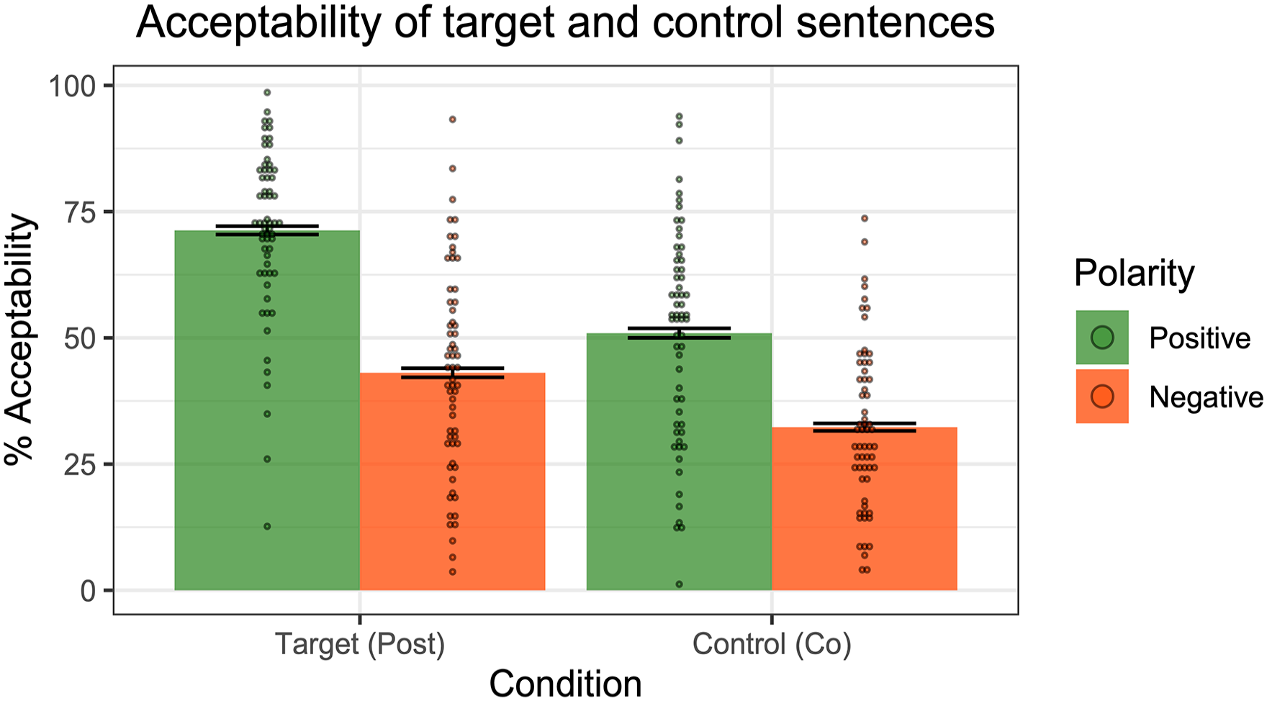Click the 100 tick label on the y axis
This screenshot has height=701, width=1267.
[71, 86]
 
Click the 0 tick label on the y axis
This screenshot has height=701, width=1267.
[87, 591]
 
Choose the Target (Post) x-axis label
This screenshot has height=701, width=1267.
[360, 644]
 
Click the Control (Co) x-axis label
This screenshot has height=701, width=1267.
[772, 644]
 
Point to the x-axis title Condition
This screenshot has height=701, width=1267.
[565, 683]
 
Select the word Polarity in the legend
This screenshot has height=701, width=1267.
[1134, 274]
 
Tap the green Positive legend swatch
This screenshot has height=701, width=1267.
[1102, 338]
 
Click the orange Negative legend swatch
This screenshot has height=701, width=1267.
[1102, 397]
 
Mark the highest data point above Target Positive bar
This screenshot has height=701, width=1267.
[267, 92]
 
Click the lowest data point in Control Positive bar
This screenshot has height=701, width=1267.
[679, 584]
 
